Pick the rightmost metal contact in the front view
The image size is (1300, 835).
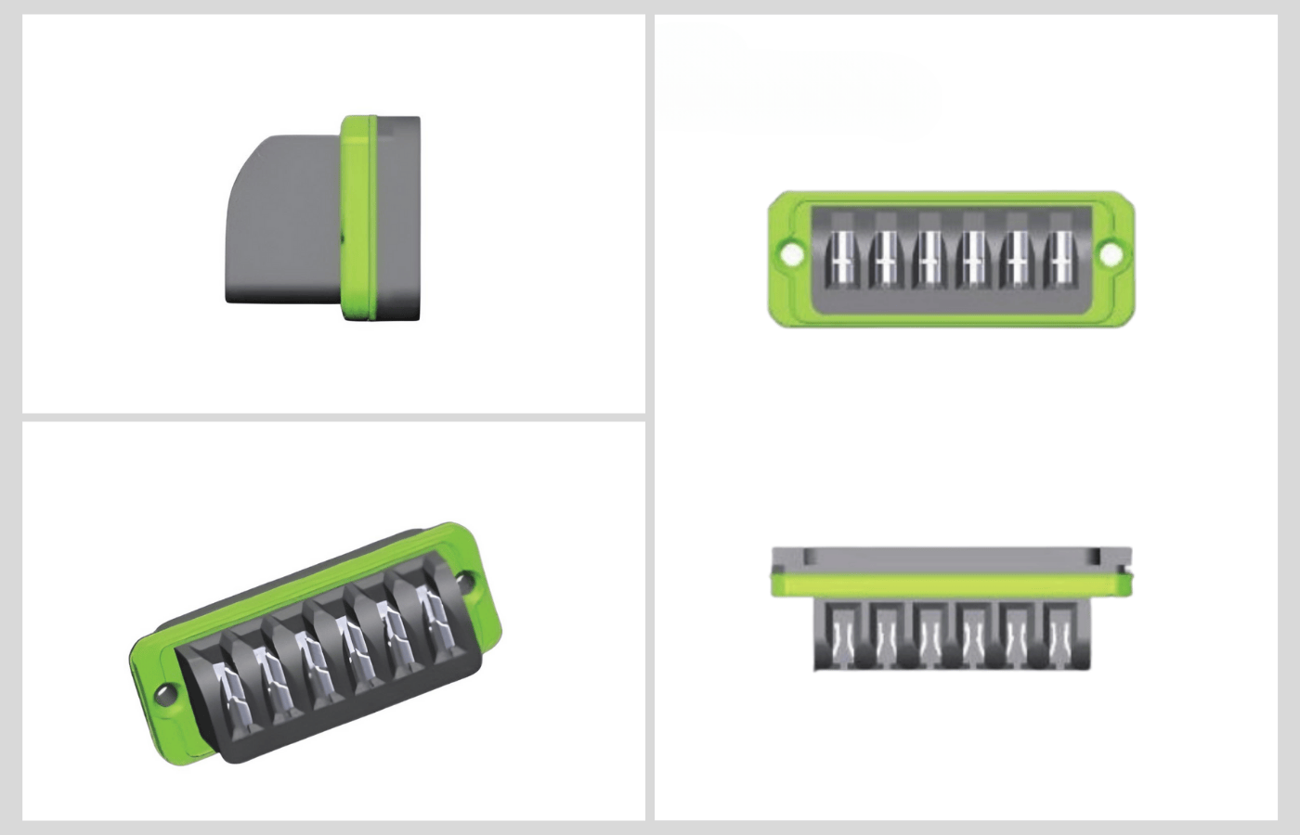pyautogui.click(x=1060, y=258)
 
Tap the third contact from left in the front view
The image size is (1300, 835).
pyautogui.click(x=929, y=258)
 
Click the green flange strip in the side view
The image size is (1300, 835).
pyautogui.click(x=357, y=218)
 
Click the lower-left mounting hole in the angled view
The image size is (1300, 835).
pyautogui.click(x=164, y=692)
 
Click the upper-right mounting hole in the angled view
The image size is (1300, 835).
pyautogui.click(x=466, y=584)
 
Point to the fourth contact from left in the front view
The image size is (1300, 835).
pyautogui.click(x=972, y=258)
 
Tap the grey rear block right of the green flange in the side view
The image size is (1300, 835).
pyautogui.click(x=399, y=218)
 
